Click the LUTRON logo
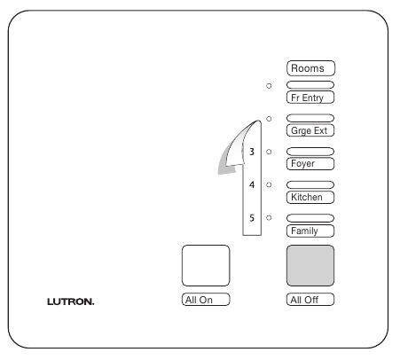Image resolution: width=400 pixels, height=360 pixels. (x=71, y=301)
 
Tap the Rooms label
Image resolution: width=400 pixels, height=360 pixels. (x=310, y=68)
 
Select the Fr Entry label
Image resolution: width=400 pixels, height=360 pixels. (x=310, y=98)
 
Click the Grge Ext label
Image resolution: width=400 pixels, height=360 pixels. (x=310, y=130)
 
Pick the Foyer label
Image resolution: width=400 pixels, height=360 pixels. (x=310, y=164)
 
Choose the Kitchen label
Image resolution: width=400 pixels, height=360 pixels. (x=310, y=197)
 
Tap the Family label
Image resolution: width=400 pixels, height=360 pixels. (x=310, y=231)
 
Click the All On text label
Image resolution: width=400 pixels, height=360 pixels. (x=206, y=300)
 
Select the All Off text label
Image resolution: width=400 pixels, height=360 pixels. (x=310, y=300)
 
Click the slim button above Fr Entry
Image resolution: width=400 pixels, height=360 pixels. (x=310, y=85)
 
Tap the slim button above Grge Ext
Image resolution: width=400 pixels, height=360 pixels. (x=310, y=118)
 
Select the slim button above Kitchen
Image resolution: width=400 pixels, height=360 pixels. (x=310, y=184)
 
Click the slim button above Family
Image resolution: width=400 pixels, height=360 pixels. (x=310, y=218)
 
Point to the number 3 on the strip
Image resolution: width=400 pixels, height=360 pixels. (x=252, y=152)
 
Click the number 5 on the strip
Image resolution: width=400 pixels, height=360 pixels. (x=252, y=218)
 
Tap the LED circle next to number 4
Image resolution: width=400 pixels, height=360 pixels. (x=269, y=184)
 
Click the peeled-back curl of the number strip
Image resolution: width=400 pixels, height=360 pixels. (x=237, y=148)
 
